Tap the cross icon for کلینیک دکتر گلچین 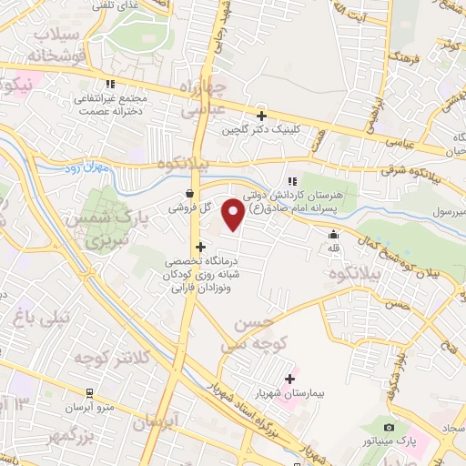coord(261,116)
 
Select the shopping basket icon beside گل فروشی coord(188,193)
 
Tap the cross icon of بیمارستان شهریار coord(290,379)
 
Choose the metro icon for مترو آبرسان coord(88,392)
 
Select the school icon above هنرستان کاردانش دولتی coord(292,181)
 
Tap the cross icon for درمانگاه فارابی coord(200,247)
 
